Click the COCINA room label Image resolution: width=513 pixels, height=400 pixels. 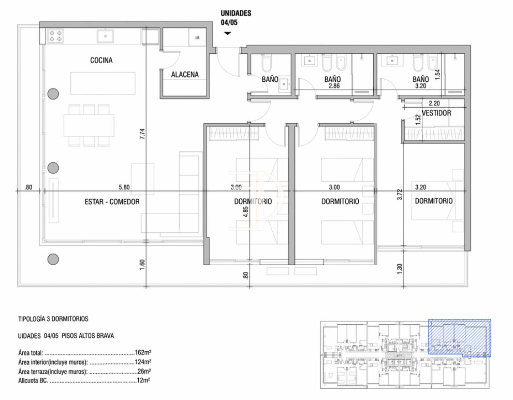[101, 61]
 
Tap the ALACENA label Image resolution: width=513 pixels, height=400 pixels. [185, 75]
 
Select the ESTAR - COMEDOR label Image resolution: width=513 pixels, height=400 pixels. [112, 202]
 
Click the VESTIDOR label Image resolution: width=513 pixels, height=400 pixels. [436, 113]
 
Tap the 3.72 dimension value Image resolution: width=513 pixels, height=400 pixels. [400, 194]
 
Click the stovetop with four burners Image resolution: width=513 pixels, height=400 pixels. [56, 36]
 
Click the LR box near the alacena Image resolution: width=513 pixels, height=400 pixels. [197, 38]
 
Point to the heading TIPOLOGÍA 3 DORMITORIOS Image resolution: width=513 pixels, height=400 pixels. [53, 319]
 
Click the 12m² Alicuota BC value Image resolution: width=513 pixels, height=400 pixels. [143, 381]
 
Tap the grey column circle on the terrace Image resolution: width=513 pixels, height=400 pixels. [53, 259]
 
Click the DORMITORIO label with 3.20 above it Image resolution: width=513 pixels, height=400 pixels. [433, 201]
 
